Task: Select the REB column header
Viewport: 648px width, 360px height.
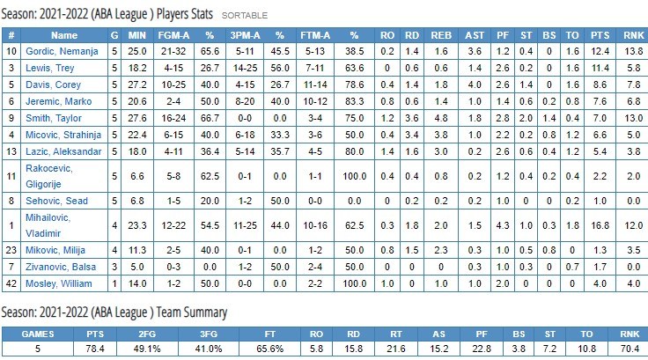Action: (440, 35)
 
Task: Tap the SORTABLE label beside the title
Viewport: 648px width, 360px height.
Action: (245, 16)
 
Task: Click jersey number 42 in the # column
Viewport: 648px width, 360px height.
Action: (11, 283)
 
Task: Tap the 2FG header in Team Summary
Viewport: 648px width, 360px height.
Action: (173, 334)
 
